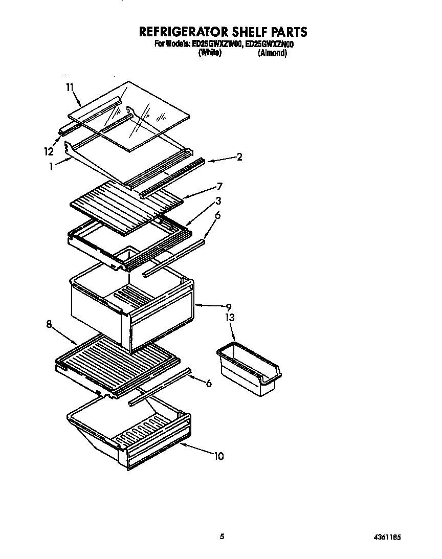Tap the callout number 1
click(x=51, y=166)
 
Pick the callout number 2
click(x=239, y=157)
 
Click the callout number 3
click(x=218, y=201)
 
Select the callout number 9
click(x=229, y=307)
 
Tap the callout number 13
click(x=230, y=318)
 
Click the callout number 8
click(x=49, y=323)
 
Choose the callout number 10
click(x=218, y=456)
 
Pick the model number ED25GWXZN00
click(x=270, y=44)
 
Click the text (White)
click(x=209, y=53)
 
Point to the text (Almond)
click(x=272, y=53)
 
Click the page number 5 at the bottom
click(x=222, y=536)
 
